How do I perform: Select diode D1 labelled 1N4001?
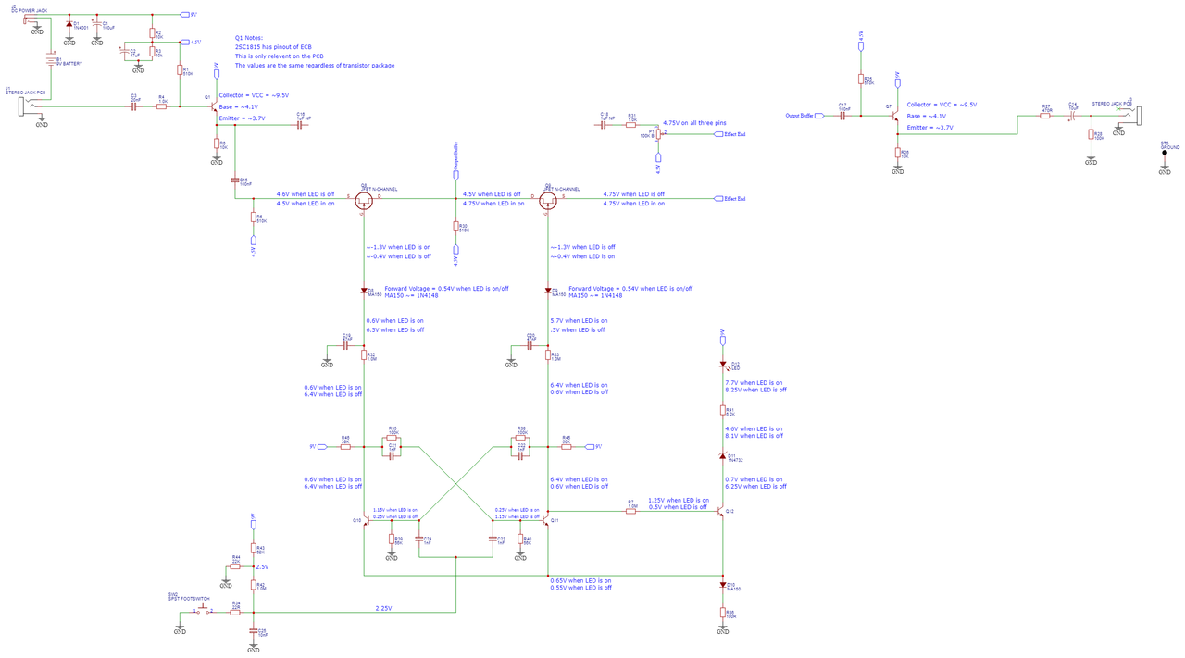click(x=69, y=24)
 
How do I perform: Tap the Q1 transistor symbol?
click(x=214, y=106)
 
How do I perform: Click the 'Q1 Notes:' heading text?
click(x=251, y=38)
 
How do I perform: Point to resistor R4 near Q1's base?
click(x=162, y=106)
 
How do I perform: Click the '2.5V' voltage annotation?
click(x=262, y=566)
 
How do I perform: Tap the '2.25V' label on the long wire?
click(x=383, y=608)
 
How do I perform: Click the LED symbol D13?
click(x=723, y=365)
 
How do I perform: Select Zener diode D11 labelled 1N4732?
click(x=723, y=455)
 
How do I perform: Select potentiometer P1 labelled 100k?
click(x=656, y=134)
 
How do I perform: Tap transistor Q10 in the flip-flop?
click(x=365, y=521)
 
